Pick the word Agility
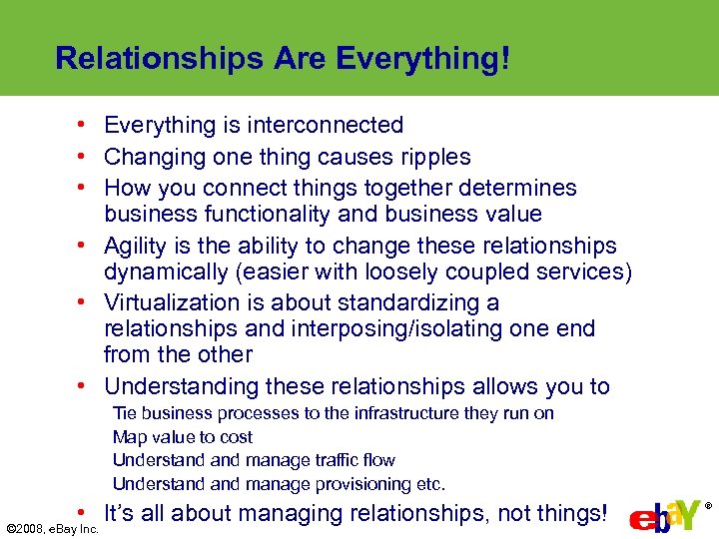tap(136, 246)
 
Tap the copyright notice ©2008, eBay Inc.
tap(52, 528)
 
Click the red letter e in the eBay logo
tap(641, 521)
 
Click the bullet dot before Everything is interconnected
tap(90, 126)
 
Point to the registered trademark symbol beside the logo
tap(709, 505)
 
